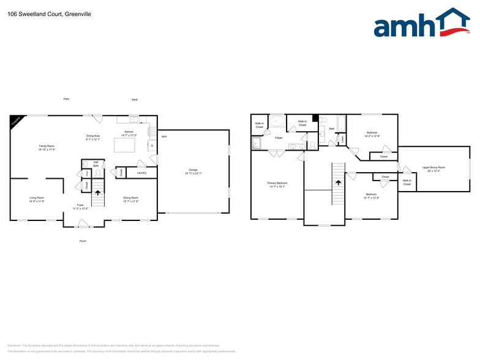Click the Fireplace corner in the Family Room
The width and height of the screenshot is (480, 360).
(15, 121)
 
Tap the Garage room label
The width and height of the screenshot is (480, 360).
(193, 172)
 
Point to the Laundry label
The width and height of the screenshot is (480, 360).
(141, 173)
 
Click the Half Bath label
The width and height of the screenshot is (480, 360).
(96, 164)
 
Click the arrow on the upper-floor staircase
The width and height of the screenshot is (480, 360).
(338, 182)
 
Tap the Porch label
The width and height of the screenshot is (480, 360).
(83, 241)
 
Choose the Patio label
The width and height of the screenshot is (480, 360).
(66, 99)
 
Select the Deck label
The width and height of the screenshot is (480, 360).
(135, 100)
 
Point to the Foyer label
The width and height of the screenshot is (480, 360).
(80, 206)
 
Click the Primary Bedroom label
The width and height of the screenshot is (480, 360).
(277, 184)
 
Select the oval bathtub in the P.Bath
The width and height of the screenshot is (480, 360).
(277, 121)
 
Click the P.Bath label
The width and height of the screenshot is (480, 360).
(279, 138)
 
